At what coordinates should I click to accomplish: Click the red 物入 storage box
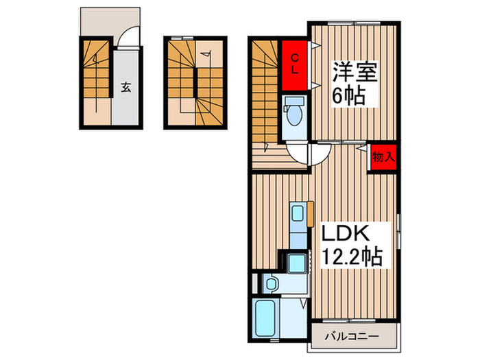click(383, 157)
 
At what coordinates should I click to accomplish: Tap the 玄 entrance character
click(127, 87)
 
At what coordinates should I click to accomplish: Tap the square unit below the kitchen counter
click(297, 263)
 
